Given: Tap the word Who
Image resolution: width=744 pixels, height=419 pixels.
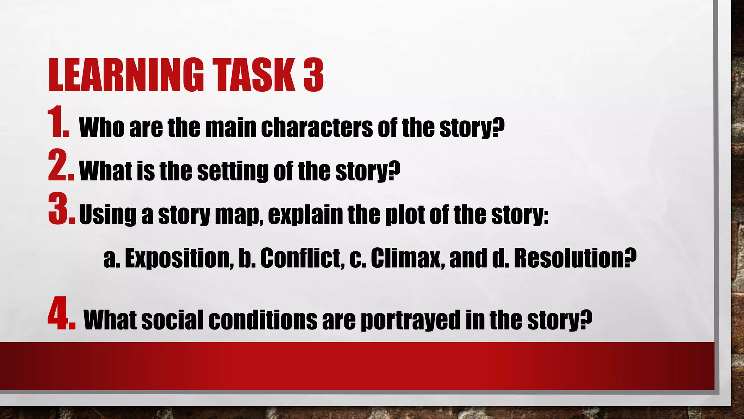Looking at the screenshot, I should (x=101, y=128).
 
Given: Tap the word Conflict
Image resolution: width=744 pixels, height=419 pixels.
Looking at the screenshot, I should (x=302, y=258).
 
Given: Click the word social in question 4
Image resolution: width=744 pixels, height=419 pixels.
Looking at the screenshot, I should (x=172, y=320).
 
